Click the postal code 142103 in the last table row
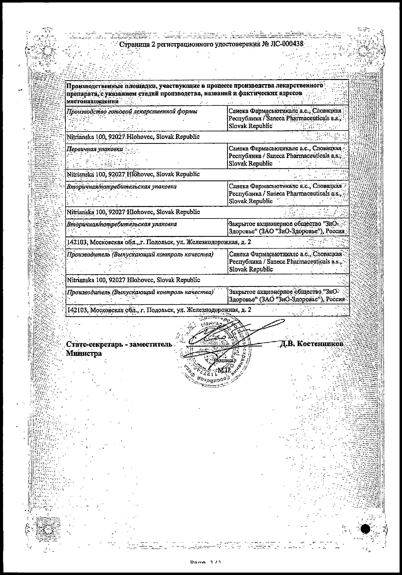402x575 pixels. pos(77,310)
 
